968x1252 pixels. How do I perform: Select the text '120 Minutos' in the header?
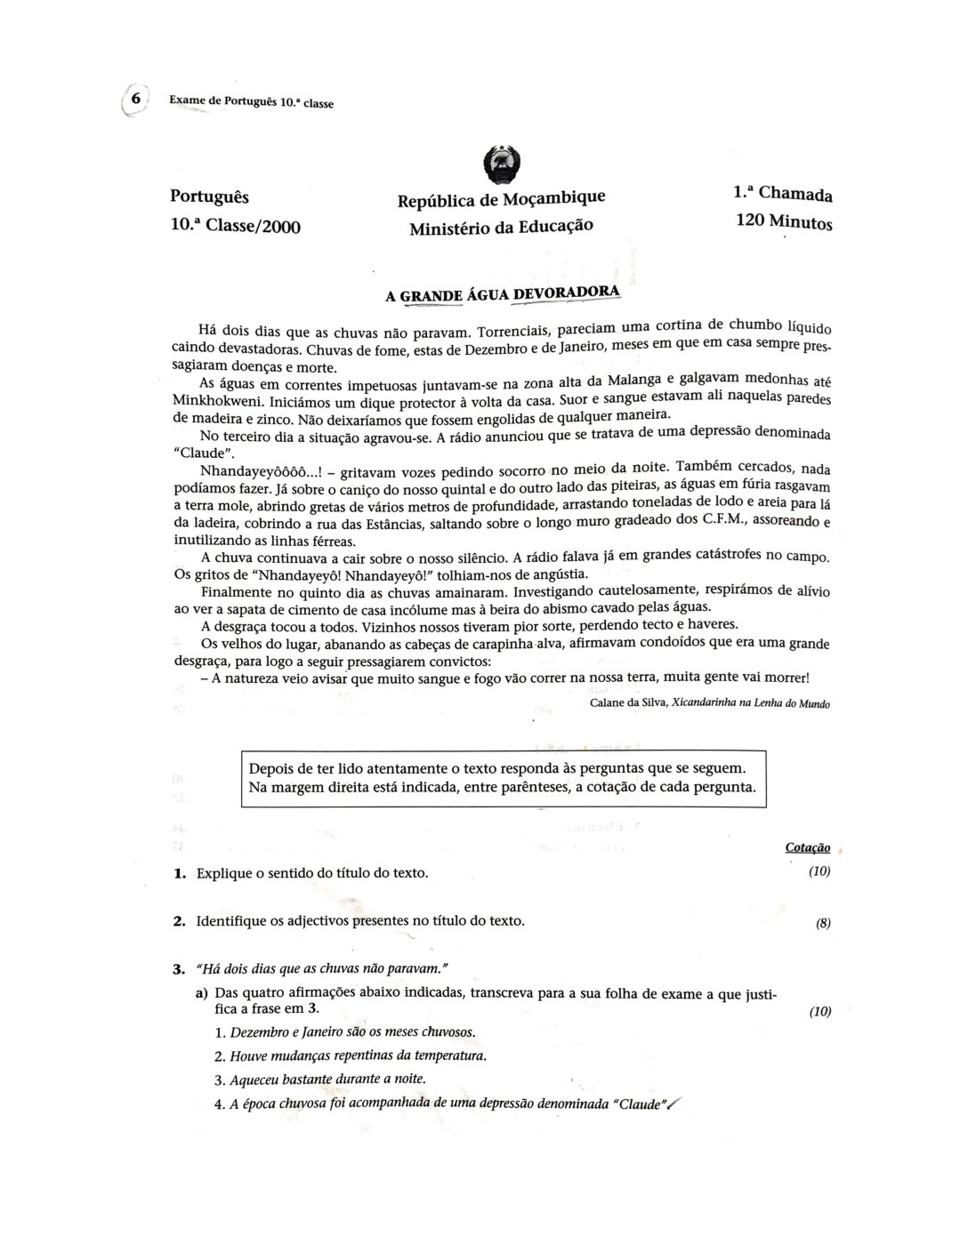point(784,221)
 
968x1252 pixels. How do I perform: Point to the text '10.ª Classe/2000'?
point(235,226)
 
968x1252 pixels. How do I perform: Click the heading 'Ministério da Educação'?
point(501,227)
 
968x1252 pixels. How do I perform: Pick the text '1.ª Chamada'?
point(783,193)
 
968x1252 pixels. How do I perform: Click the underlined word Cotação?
point(808,847)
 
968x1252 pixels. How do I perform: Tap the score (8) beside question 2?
point(823,923)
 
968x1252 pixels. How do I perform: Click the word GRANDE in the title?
point(432,295)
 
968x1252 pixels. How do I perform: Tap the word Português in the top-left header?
point(209,197)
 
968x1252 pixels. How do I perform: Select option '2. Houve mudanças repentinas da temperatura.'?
point(351,1056)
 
